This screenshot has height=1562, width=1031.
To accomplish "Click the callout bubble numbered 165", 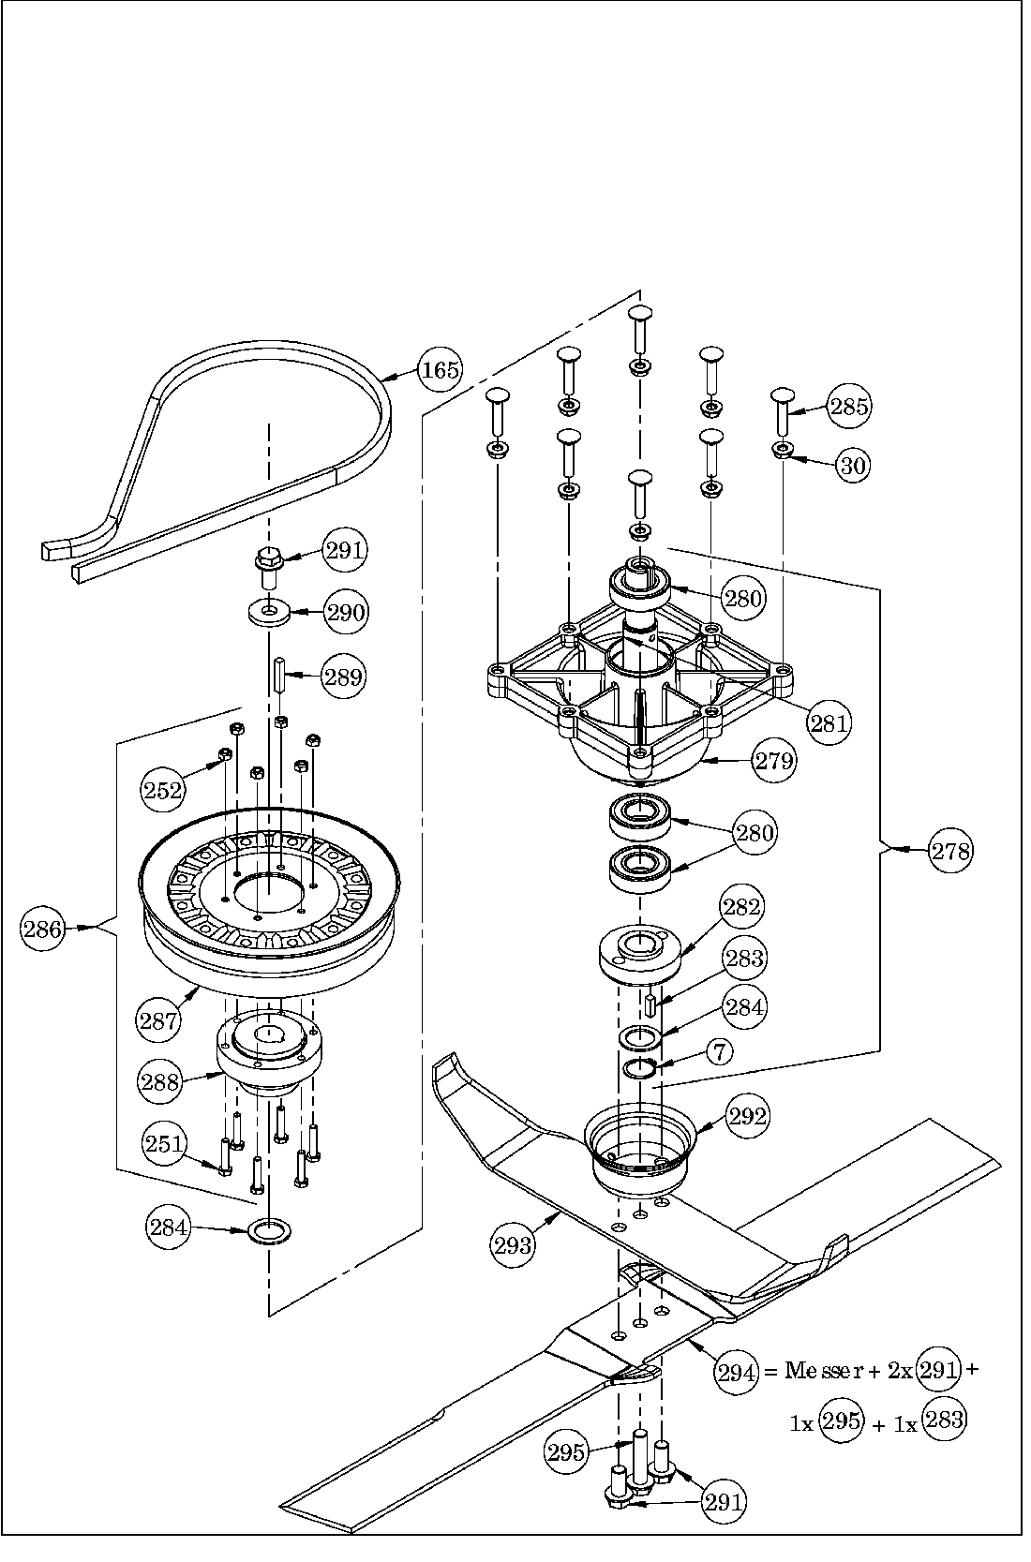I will [x=439, y=370].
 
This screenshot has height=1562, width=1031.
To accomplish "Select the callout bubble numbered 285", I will [x=849, y=406].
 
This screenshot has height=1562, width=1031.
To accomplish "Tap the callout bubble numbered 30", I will [x=852, y=466].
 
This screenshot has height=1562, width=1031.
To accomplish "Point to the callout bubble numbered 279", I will [x=774, y=761].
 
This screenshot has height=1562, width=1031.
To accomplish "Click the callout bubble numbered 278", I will [x=950, y=851].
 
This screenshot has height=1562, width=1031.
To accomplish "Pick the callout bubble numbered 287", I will [x=158, y=1019].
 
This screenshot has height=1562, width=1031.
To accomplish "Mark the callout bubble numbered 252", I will [x=163, y=790].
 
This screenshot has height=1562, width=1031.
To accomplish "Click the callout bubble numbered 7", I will [x=719, y=1051].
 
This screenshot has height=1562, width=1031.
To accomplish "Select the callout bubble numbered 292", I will [x=747, y=1116].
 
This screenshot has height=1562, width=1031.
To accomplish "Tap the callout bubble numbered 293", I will [x=513, y=1245].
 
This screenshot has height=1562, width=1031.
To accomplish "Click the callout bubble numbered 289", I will [x=343, y=676].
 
